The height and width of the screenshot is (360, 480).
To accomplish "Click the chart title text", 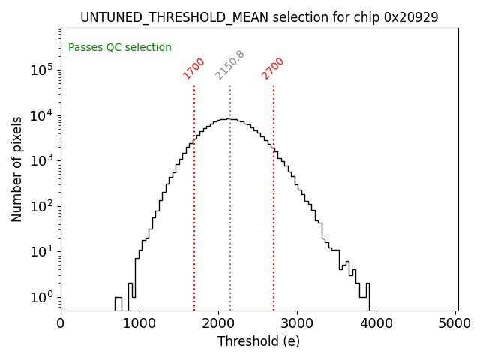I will click(259, 16).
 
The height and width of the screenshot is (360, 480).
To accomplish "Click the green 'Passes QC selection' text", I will click(120, 48).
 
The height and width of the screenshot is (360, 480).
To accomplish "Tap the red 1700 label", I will click(194, 68).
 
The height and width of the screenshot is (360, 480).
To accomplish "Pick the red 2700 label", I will click(273, 68).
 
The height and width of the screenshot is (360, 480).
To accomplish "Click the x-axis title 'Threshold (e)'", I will click(259, 341).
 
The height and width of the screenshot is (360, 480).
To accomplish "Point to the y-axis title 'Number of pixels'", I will click(16, 169).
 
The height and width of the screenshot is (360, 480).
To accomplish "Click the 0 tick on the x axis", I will click(61, 323).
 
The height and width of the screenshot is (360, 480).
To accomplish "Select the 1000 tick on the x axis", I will click(139, 323).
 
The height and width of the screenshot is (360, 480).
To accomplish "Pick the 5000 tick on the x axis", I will click(454, 323).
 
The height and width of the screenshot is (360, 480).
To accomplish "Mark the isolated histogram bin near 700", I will click(118, 302).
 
